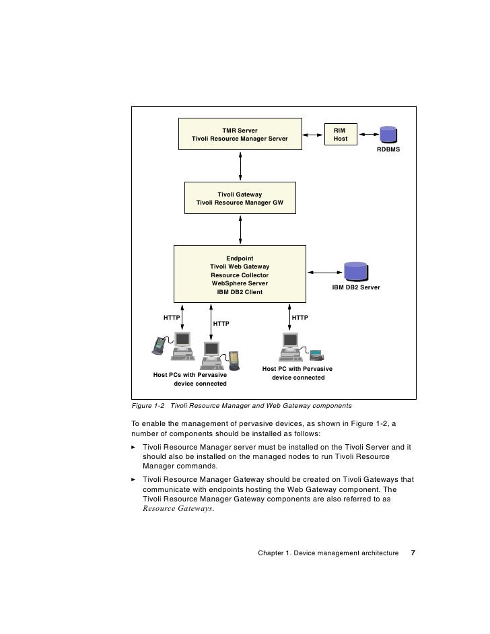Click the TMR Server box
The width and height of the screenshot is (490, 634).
240,134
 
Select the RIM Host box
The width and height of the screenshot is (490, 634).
341,134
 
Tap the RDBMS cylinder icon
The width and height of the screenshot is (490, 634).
388,134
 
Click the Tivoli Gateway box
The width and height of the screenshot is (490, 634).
240,198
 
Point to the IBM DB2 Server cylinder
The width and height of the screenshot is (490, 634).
356,271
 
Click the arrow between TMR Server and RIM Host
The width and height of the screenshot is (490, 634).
314,135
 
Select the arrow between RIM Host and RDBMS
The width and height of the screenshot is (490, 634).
369,134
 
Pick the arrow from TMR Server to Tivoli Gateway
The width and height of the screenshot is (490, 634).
240,166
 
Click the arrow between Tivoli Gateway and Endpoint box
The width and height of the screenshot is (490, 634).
240,230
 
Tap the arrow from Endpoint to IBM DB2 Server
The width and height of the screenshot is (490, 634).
325,273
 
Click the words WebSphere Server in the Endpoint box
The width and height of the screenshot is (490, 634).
240,283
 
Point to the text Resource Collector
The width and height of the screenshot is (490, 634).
240,275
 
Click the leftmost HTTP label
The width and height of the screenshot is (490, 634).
172,318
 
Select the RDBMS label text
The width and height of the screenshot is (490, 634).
388,149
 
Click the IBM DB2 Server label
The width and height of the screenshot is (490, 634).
356,287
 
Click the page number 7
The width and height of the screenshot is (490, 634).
413,553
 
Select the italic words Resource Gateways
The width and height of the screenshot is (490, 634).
178,509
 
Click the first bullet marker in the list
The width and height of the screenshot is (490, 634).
133,447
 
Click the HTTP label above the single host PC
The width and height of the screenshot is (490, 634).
300,318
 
